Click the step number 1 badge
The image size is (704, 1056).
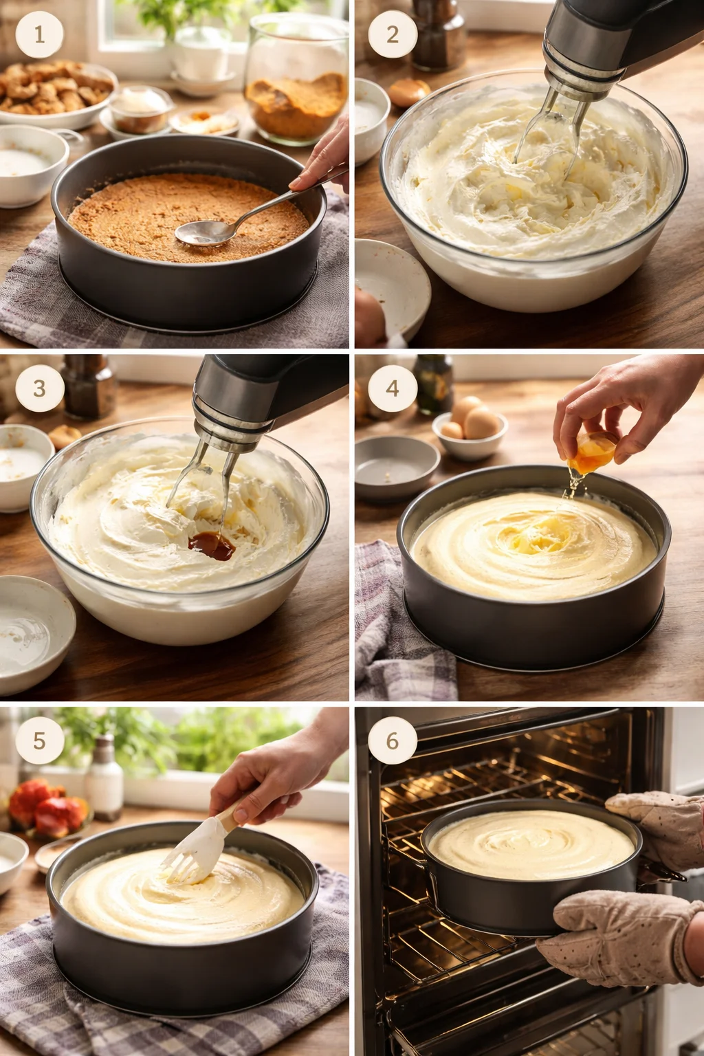(39, 34)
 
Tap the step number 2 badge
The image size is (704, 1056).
(393, 34)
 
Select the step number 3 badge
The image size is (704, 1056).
(39, 388)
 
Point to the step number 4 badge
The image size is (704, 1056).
(393, 388)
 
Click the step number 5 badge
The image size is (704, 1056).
(39, 740)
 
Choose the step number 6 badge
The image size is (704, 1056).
(393, 740)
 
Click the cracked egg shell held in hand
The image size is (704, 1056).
(592, 452)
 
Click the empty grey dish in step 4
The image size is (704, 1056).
(397, 466)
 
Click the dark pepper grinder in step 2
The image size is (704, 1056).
(438, 36)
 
